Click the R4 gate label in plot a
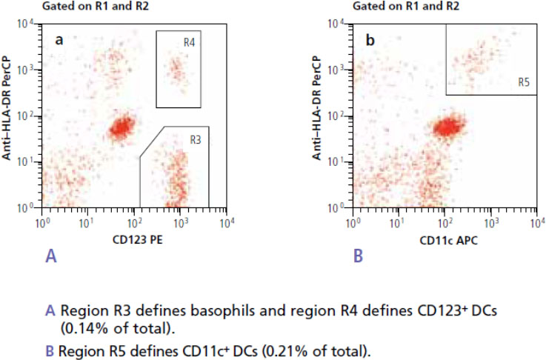189,42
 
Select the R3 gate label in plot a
196,139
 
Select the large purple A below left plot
51,256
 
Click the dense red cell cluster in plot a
121,127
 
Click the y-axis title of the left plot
9,110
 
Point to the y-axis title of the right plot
320,110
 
